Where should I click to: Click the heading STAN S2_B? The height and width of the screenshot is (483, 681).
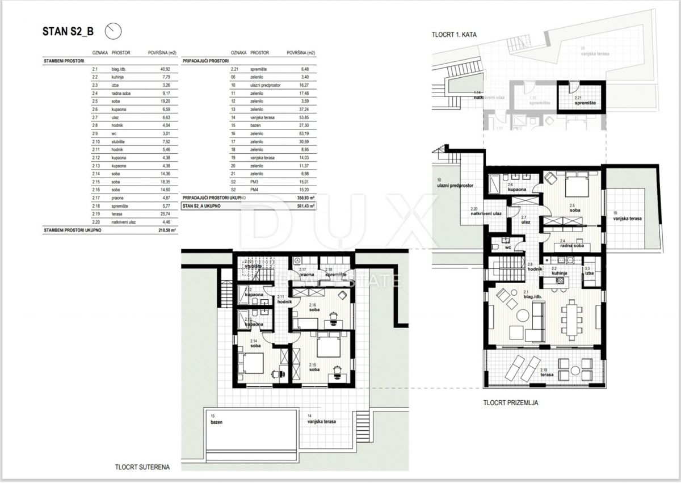tap(69, 31)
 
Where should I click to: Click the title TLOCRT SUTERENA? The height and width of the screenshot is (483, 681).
tap(141, 467)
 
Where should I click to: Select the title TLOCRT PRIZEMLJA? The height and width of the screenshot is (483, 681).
tap(510, 404)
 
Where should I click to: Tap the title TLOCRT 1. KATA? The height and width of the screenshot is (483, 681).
tap(454, 35)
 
